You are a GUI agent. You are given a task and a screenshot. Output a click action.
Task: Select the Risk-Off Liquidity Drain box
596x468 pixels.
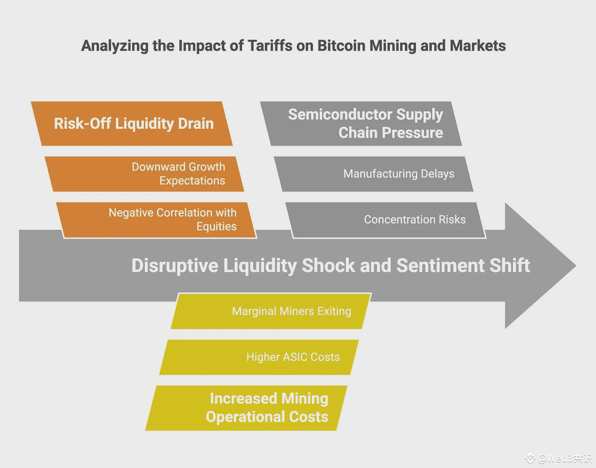[x=132, y=124]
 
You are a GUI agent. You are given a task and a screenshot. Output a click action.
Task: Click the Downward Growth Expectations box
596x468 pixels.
[x=144, y=174]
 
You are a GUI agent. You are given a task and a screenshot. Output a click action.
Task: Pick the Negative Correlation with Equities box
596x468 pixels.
[x=156, y=220]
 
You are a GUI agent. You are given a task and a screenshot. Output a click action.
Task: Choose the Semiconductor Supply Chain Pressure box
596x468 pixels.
[x=361, y=124]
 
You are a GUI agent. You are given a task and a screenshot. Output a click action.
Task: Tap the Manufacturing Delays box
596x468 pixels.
[x=374, y=174]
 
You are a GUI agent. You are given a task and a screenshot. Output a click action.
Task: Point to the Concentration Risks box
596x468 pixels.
[x=386, y=220]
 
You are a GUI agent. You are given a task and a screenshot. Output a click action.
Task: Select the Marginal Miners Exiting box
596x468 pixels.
[x=271, y=311]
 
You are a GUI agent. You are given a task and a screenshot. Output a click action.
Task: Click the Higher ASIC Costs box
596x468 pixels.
[x=259, y=357]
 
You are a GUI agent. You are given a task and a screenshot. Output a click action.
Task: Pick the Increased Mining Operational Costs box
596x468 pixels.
[x=246, y=408]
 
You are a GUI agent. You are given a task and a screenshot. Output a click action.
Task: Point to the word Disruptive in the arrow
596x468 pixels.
[x=175, y=265]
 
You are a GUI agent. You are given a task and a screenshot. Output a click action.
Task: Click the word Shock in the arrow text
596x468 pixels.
[x=328, y=265]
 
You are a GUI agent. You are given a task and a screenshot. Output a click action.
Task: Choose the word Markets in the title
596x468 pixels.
[x=478, y=45]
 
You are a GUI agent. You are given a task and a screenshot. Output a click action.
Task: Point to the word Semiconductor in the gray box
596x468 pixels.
[x=340, y=114]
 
